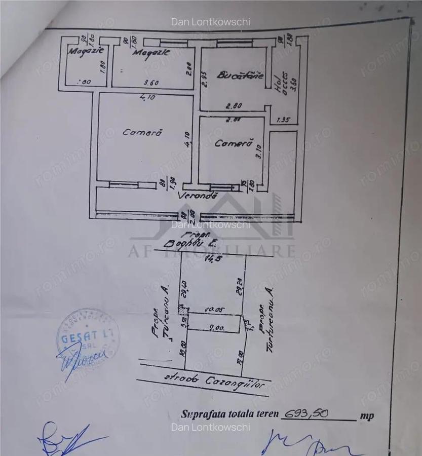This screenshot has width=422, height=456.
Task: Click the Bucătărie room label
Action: click(240, 76)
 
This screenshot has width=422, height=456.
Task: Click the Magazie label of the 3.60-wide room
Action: click(151, 52)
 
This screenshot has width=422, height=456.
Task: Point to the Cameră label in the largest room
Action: click(142, 133)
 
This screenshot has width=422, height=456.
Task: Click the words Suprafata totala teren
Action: click(230, 413)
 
